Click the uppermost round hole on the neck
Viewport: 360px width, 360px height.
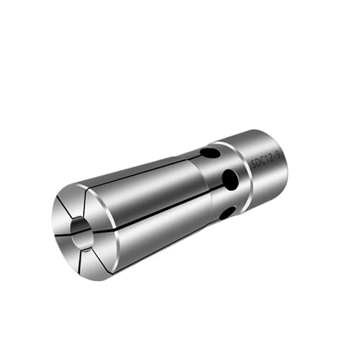(x=210, y=153)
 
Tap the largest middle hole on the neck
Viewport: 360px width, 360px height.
(x=230, y=179)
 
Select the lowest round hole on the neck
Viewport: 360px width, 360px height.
(x=228, y=212)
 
